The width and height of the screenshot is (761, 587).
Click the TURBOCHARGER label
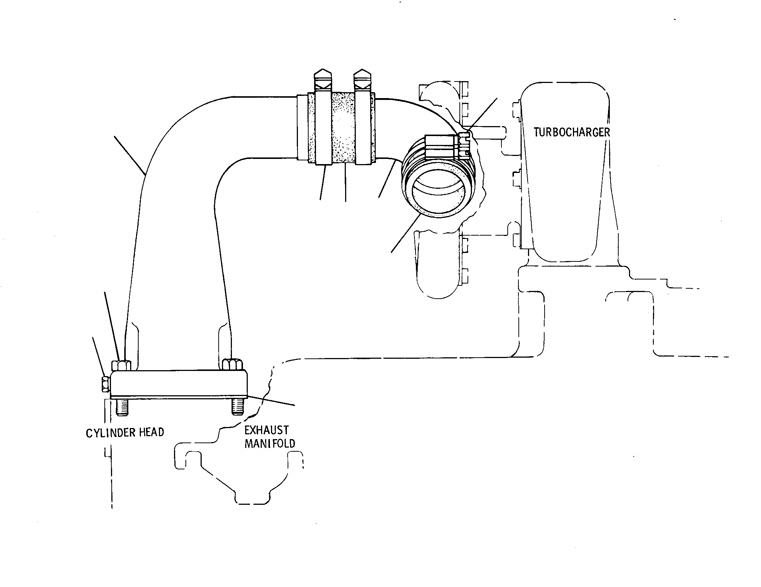point(572,132)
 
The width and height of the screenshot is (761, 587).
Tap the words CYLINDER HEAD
point(125,433)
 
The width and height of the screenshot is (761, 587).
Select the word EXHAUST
point(267,430)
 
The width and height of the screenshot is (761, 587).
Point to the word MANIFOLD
point(270,443)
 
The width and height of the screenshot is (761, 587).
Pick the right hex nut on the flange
point(233,364)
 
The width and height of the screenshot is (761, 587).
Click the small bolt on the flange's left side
point(105,384)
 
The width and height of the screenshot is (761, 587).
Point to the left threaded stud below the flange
point(122,407)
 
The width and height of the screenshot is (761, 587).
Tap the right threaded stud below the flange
point(237,406)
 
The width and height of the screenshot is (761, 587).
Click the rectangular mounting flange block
point(179,384)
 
